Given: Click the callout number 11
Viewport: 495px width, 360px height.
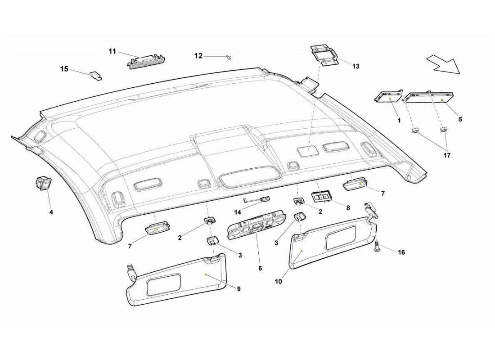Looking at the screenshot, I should (x=112, y=51).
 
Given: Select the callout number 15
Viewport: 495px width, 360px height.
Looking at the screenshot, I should (x=64, y=69).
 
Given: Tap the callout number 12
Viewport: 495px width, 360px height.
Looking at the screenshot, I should (x=198, y=56).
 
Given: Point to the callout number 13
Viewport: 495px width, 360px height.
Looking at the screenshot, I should (x=355, y=66).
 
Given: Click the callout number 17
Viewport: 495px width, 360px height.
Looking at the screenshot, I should (x=446, y=155).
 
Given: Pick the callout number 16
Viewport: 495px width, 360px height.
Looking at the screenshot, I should (x=401, y=252).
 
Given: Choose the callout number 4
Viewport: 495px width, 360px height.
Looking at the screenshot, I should (x=51, y=211).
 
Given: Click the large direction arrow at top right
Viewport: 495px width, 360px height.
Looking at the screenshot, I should (x=443, y=63).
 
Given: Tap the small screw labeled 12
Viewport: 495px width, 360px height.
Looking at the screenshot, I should (x=229, y=57).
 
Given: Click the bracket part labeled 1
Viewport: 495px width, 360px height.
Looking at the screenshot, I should (x=388, y=96).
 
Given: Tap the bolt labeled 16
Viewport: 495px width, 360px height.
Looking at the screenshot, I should (x=377, y=247).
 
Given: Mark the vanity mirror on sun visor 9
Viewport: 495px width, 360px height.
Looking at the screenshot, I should (x=164, y=284).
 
